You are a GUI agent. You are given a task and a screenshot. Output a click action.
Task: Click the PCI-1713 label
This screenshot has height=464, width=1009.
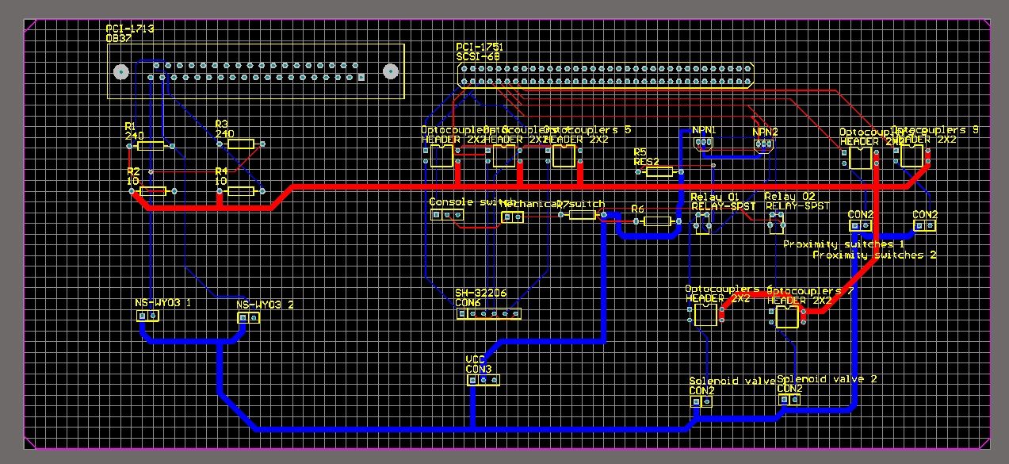[x=130, y=29]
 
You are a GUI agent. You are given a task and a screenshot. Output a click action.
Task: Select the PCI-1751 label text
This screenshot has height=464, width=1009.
[x=480, y=48]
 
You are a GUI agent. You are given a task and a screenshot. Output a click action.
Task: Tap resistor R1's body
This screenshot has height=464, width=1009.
[x=151, y=145]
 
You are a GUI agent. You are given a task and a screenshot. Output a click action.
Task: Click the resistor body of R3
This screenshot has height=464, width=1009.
[x=241, y=144]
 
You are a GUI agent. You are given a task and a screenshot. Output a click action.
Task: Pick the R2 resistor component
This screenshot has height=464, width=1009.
[x=153, y=190]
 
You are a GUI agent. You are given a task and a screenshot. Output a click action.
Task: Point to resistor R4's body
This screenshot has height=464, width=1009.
[x=241, y=191]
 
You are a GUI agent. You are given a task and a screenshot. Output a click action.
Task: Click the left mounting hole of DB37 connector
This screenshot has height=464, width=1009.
[x=120, y=72]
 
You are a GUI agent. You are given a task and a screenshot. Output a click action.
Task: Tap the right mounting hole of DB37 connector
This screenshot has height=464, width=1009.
[x=389, y=72]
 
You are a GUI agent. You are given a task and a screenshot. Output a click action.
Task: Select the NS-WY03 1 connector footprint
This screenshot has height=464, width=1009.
[x=148, y=316]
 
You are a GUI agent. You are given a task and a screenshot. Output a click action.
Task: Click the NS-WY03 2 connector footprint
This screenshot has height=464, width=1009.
[x=249, y=317]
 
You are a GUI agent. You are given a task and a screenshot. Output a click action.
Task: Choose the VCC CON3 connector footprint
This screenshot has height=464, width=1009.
[x=483, y=381]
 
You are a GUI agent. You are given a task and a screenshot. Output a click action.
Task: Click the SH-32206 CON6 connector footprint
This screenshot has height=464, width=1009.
[x=488, y=314]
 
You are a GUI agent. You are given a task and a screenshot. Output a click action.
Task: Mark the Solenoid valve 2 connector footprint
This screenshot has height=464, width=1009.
[x=789, y=400]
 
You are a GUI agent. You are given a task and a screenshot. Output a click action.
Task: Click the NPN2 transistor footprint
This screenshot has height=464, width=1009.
[x=764, y=145]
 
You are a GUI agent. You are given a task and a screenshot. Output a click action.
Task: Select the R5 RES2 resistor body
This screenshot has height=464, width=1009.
[x=659, y=171]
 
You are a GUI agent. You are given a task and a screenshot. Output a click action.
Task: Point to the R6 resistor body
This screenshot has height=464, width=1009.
[x=657, y=221]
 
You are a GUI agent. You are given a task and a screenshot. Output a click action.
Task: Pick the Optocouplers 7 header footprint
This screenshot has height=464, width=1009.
[x=787, y=317]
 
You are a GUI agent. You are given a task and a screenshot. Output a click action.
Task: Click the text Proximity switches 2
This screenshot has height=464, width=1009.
[x=874, y=255]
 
